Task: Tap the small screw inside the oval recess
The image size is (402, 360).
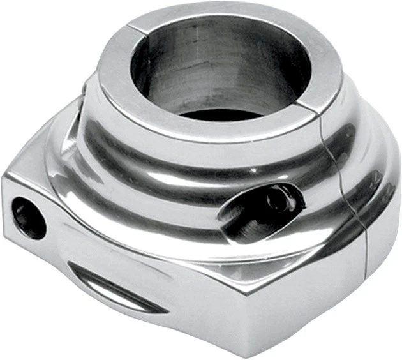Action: coord(274,199)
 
